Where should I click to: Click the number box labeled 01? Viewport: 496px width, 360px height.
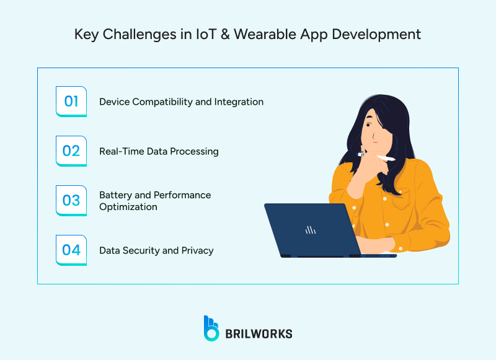click(71, 101)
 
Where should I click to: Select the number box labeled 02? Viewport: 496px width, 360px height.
click(71, 151)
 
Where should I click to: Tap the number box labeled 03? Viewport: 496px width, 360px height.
click(71, 200)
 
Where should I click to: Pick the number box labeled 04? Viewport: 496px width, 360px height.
click(71, 250)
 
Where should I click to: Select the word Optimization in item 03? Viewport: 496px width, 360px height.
click(128, 206)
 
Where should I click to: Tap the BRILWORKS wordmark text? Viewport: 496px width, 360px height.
click(259, 333)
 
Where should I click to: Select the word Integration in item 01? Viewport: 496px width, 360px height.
click(240, 102)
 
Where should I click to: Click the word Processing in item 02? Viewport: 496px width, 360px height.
click(197, 151)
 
